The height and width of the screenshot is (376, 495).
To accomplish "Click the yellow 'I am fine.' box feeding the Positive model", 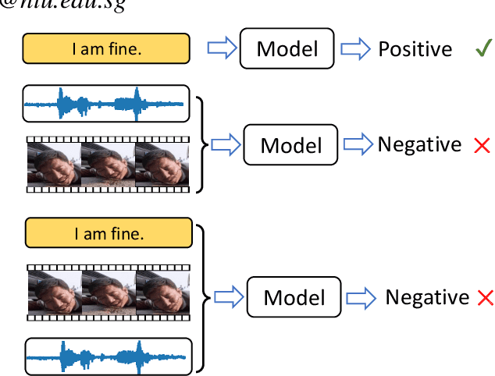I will pos(106,49).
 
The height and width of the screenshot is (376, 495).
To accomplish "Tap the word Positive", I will pos(415,49).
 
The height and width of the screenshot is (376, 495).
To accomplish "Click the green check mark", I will pos(482,49).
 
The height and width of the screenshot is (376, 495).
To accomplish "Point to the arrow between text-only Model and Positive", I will pos(355,49).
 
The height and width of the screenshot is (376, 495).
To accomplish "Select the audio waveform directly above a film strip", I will pos(106,103).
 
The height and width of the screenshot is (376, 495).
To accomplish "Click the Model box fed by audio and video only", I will pos(291,145).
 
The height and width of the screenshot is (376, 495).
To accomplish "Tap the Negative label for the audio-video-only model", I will pos(419,144).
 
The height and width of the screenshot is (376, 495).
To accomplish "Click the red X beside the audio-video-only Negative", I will pos(482,145).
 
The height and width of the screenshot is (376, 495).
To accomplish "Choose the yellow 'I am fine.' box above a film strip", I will pos(108,232).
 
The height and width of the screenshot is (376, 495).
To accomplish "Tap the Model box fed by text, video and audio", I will pos(294,297).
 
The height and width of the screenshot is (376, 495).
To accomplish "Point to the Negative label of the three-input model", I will pos(427,297).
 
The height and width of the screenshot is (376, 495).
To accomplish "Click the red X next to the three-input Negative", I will pos(485,298).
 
